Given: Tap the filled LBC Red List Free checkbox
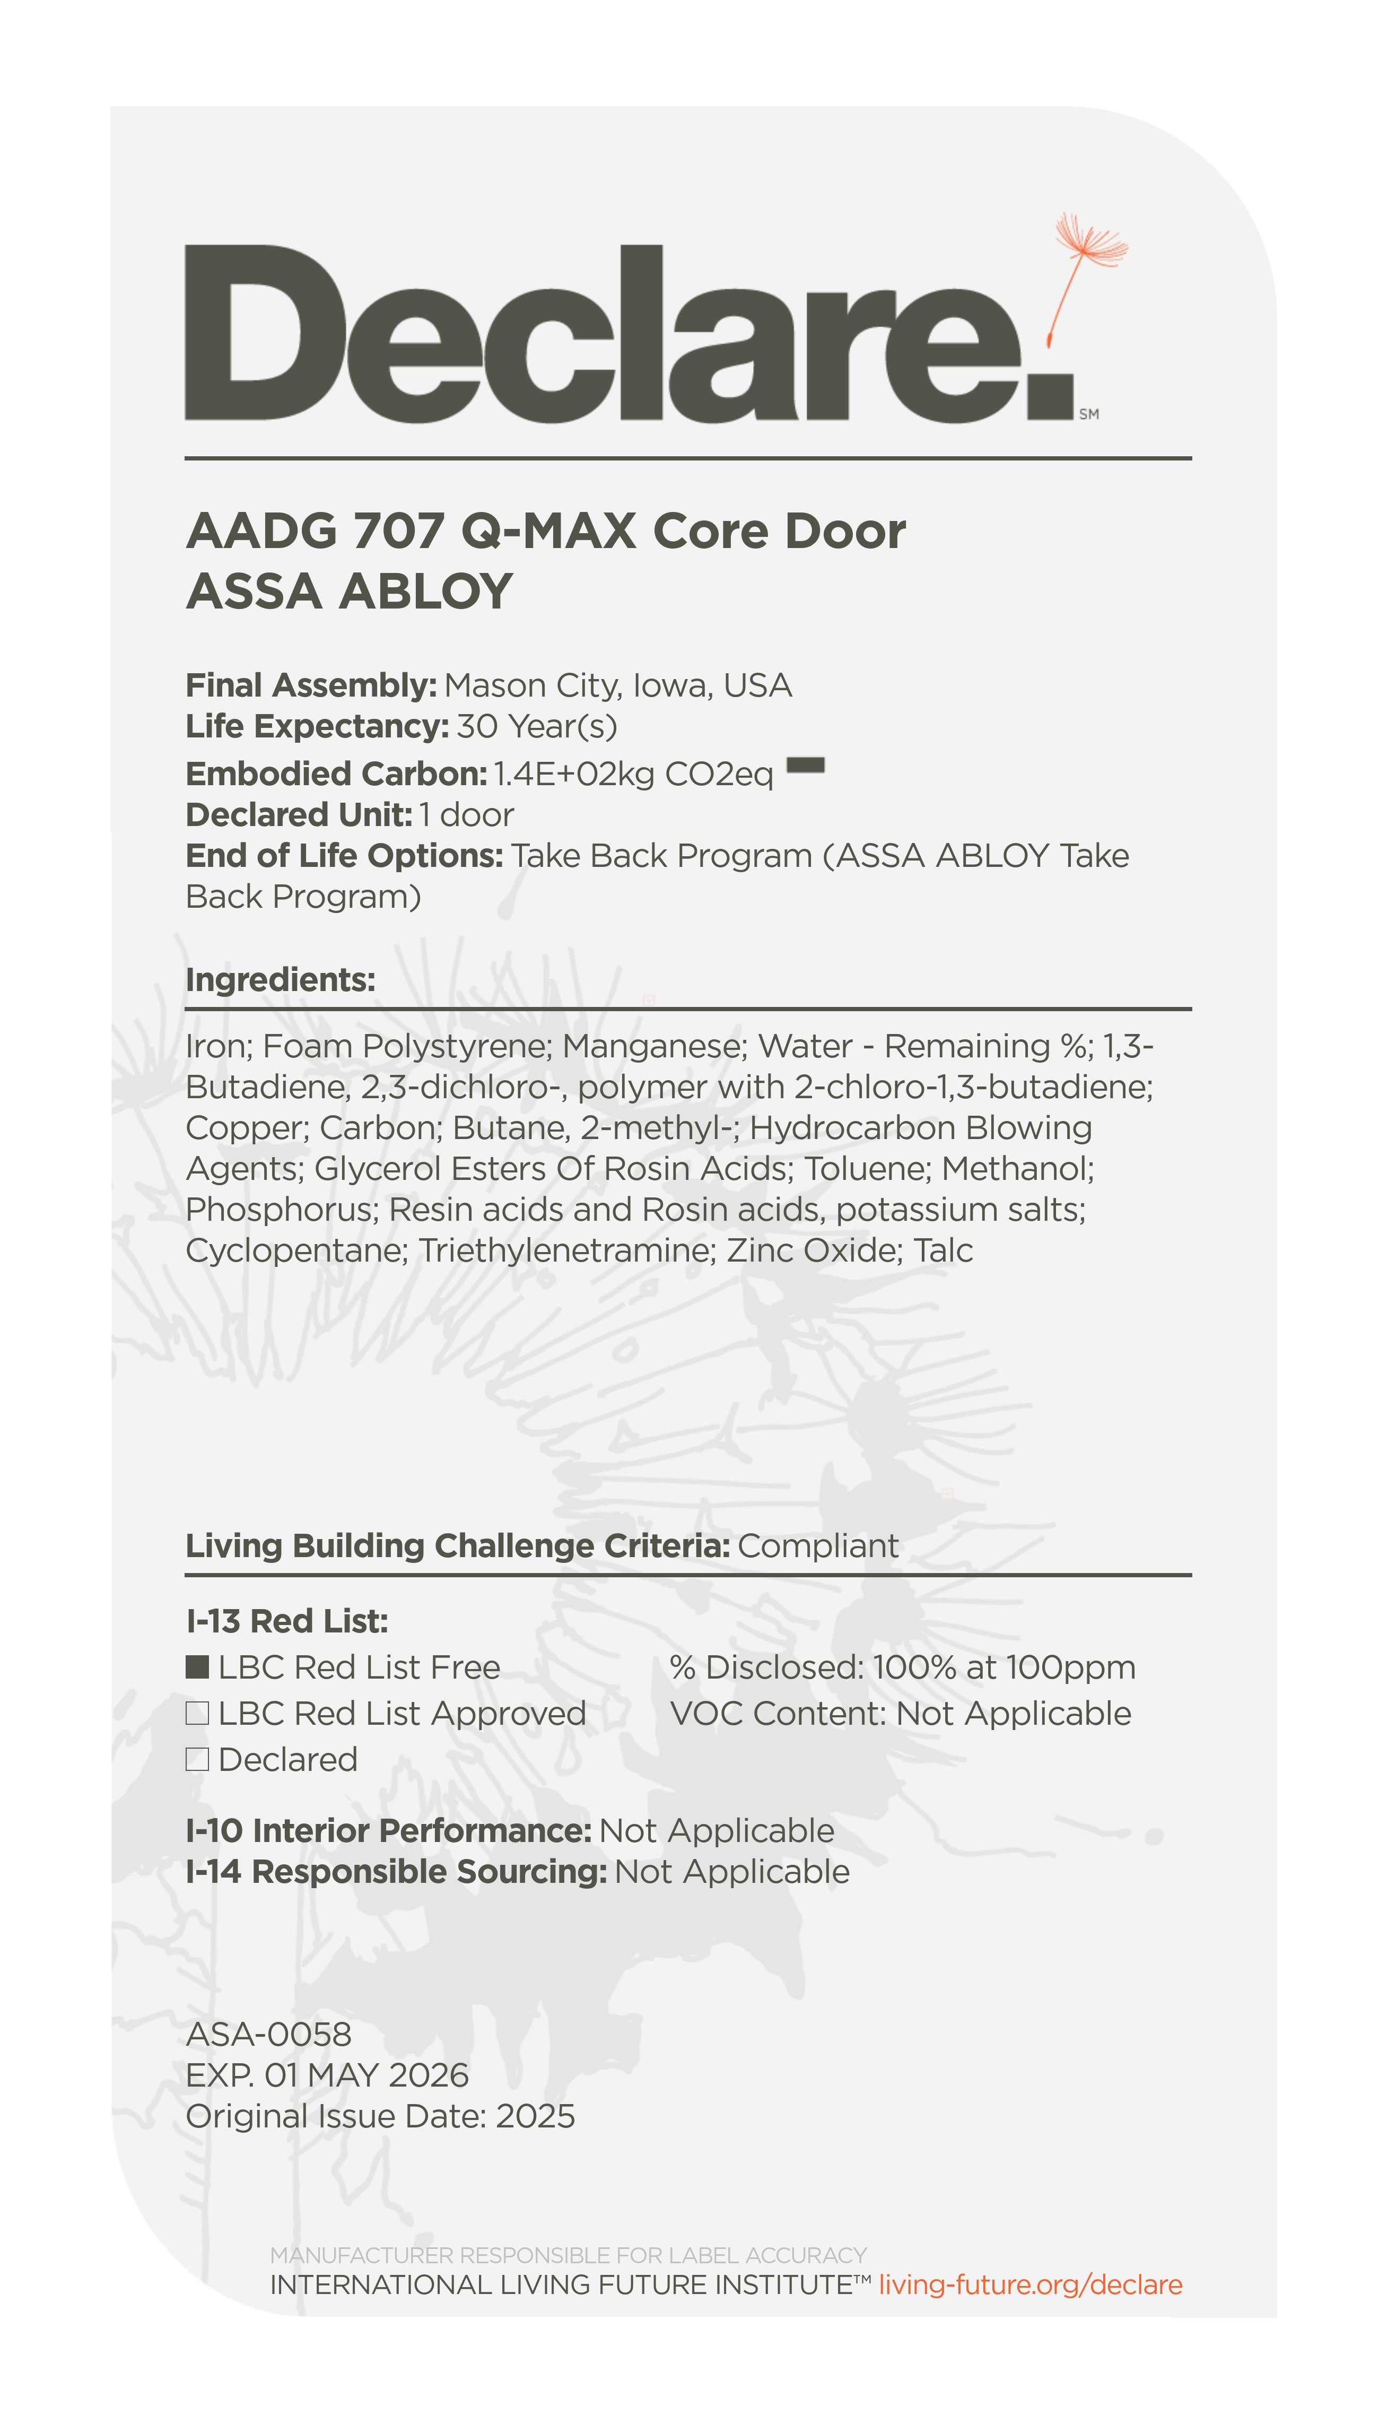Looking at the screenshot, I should coord(197,1667).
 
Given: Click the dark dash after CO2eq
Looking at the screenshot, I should coord(806,766).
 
